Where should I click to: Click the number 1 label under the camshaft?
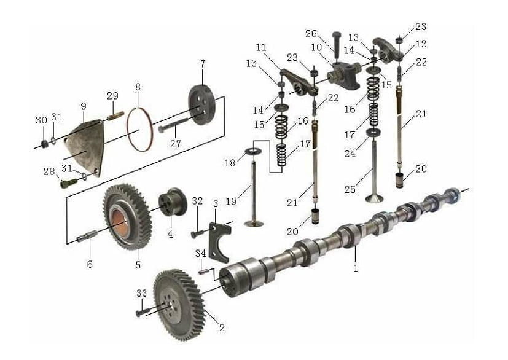click(x=356, y=268)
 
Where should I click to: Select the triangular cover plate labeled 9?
click(x=85, y=146)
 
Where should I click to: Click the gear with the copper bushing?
click(x=127, y=217)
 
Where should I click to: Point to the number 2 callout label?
click(x=222, y=327)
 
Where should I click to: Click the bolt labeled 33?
click(x=141, y=313)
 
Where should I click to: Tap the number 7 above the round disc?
click(x=203, y=64)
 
